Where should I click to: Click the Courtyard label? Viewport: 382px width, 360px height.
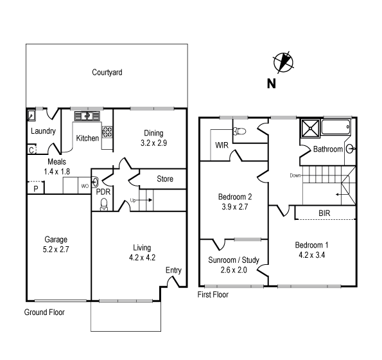[x=107, y=73]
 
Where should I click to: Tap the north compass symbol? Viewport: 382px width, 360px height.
[x=283, y=62]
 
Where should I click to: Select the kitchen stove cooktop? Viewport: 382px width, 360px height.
[x=107, y=132]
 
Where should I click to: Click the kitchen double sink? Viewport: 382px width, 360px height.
[x=87, y=116]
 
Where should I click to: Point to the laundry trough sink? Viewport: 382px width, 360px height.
[x=31, y=115]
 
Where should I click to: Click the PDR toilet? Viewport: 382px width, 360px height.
[x=104, y=204]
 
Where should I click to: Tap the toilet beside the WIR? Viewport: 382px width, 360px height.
[x=239, y=131]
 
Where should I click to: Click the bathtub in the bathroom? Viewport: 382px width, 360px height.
[x=336, y=127]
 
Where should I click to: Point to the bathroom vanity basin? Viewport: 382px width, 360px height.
[x=351, y=148]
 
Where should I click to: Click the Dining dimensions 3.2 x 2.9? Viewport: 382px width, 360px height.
[x=153, y=143]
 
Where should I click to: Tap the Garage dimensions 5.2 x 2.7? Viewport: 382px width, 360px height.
[x=56, y=249]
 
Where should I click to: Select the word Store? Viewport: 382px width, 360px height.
[x=165, y=179]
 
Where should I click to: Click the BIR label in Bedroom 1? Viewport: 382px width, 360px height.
[x=324, y=213]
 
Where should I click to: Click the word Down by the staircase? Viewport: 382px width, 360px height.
[x=295, y=175]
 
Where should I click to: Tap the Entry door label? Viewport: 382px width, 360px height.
[x=173, y=270]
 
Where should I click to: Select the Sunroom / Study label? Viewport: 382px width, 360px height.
[x=234, y=260]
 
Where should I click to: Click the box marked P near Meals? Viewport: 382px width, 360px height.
[x=36, y=188]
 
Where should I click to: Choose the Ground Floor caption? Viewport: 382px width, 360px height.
[x=44, y=312]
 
